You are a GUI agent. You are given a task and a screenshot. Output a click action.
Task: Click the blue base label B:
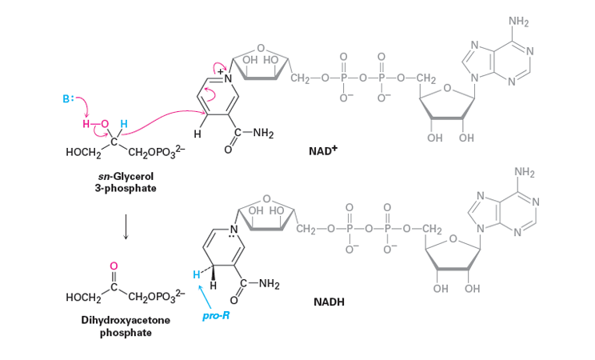coord(69,100)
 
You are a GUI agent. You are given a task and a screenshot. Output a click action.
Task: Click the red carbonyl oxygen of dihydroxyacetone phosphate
coord(114,265)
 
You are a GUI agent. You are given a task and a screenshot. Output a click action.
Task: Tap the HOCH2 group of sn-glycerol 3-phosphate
coord(80,153)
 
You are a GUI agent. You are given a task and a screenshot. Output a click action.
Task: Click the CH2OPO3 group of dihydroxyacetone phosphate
coord(155,299)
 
